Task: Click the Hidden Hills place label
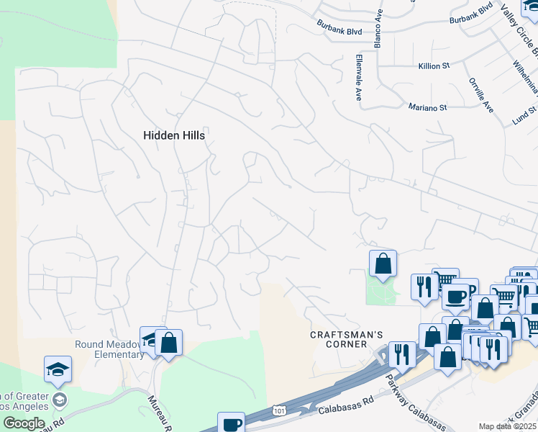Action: coord(174,135)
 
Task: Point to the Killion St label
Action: coord(434,66)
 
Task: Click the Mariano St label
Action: coord(428,107)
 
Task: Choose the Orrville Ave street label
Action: coord(480,95)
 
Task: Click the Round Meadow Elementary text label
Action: coord(109,348)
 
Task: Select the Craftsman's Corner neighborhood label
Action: coord(347,339)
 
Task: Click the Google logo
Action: coord(23,423)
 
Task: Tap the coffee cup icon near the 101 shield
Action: coord(232,424)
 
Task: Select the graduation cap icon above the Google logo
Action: coord(58,369)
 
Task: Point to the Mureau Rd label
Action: coord(160,413)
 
